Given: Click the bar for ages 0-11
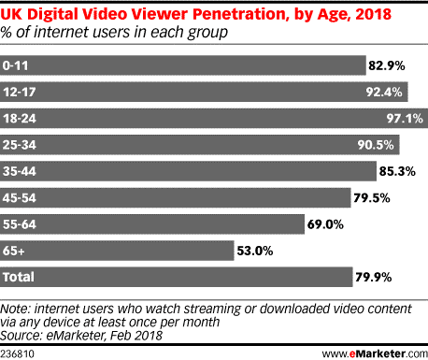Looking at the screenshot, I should (x=183, y=65).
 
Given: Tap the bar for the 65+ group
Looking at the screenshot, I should (x=117, y=251).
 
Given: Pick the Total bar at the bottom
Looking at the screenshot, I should (x=173, y=278).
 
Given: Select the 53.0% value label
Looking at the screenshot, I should (x=254, y=251).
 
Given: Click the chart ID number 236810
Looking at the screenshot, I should (x=18, y=352).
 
